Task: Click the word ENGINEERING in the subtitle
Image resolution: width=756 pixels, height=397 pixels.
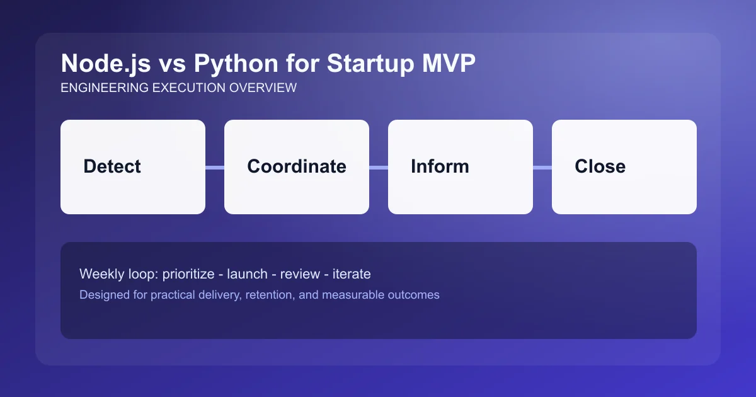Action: click(x=105, y=88)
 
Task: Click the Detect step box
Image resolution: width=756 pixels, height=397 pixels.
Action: click(x=133, y=167)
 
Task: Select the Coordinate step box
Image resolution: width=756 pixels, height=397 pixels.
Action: click(x=297, y=167)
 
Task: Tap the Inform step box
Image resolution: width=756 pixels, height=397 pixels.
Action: click(x=461, y=167)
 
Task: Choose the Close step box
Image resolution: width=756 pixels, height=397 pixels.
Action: click(x=624, y=167)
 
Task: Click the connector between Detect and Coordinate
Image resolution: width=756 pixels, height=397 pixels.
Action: click(x=215, y=168)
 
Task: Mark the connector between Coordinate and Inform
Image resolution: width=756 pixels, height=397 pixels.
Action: click(x=379, y=168)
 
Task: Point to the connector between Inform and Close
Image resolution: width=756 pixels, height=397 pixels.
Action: click(x=542, y=168)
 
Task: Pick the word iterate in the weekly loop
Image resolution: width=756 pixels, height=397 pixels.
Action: click(x=352, y=274)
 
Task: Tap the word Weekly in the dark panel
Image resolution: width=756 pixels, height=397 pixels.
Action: click(x=100, y=274)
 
